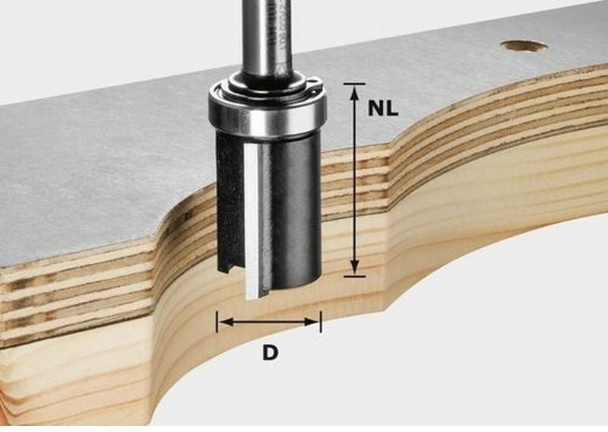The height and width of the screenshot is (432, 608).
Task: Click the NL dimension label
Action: (x=383, y=108)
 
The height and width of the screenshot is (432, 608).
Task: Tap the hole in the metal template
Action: (x=524, y=46)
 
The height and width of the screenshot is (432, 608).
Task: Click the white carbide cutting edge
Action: (x=251, y=221)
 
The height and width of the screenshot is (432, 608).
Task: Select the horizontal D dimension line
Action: (x=269, y=322)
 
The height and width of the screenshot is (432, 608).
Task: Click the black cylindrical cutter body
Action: (x=293, y=205)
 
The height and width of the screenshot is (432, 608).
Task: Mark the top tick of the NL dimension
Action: (x=354, y=84)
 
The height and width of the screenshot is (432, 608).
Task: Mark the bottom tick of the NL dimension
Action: (x=354, y=275)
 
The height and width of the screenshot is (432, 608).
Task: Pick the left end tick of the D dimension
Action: (x=217, y=322)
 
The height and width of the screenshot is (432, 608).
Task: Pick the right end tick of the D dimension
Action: (x=320, y=322)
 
